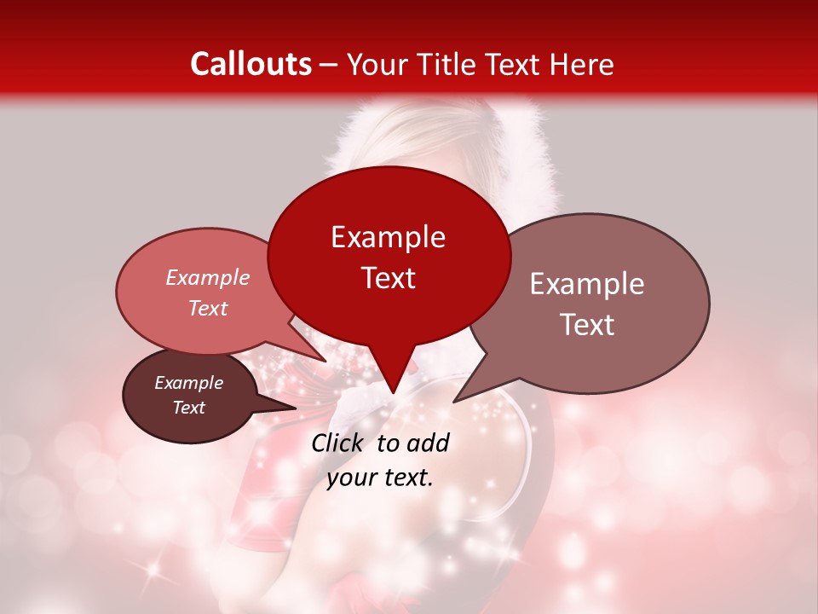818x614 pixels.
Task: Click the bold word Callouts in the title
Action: (x=251, y=64)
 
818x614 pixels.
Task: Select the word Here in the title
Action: (x=582, y=64)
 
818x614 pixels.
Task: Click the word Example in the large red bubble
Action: (x=388, y=237)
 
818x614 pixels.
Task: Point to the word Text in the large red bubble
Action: (x=388, y=278)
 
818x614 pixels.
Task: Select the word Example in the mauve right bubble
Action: (x=587, y=284)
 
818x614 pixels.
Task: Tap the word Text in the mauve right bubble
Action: (x=587, y=325)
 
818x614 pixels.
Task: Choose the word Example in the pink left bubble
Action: (x=207, y=278)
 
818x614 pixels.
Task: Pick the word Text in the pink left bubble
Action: (x=207, y=308)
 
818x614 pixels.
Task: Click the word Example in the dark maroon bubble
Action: (x=188, y=383)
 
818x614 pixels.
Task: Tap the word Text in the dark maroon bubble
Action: (x=188, y=408)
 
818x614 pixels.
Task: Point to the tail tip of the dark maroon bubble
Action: (x=296, y=408)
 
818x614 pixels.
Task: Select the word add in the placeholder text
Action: (x=429, y=443)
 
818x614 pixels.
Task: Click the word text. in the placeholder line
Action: (x=406, y=478)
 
